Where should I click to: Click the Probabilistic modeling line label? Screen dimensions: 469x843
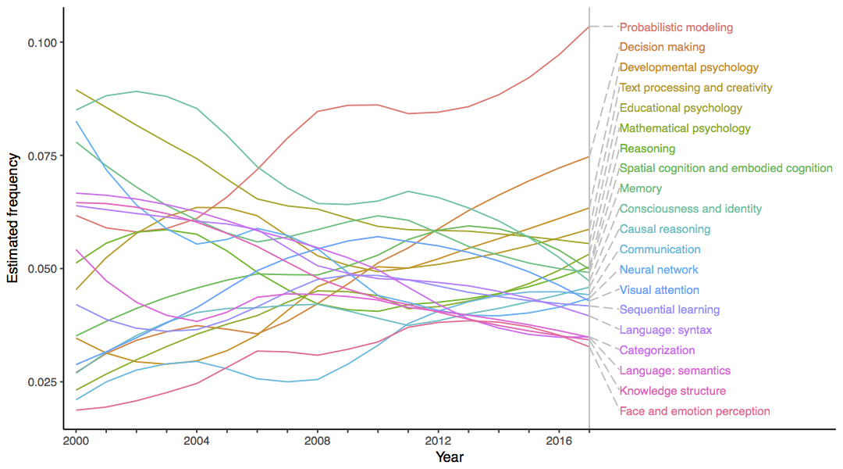(x=676, y=27)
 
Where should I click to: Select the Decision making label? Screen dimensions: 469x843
(x=662, y=48)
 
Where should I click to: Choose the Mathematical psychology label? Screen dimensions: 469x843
(x=685, y=128)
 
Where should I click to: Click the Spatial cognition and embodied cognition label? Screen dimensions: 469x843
(x=726, y=168)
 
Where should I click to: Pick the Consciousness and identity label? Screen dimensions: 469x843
(x=690, y=209)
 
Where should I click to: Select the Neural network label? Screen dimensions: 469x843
(x=659, y=270)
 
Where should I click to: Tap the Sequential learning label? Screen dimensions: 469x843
(x=669, y=310)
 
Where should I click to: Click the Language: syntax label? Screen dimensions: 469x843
(x=665, y=331)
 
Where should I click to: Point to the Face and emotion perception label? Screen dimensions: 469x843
(x=695, y=411)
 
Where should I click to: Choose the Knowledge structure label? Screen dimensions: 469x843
(x=672, y=391)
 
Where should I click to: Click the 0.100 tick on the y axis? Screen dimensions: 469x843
(x=44, y=42)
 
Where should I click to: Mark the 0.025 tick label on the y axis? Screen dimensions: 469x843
(x=44, y=382)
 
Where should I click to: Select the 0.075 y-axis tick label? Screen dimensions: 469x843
(x=44, y=156)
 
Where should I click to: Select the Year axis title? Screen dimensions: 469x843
(x=450, y=456)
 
